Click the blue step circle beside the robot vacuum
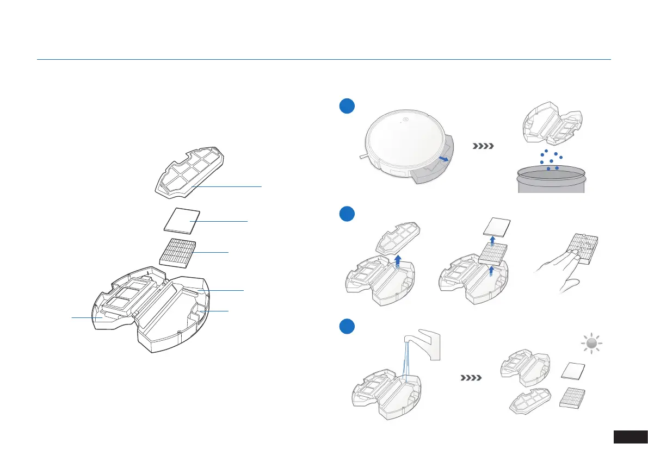344,107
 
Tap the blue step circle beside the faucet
344,327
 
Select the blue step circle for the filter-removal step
344,214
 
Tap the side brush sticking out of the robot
363,156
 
